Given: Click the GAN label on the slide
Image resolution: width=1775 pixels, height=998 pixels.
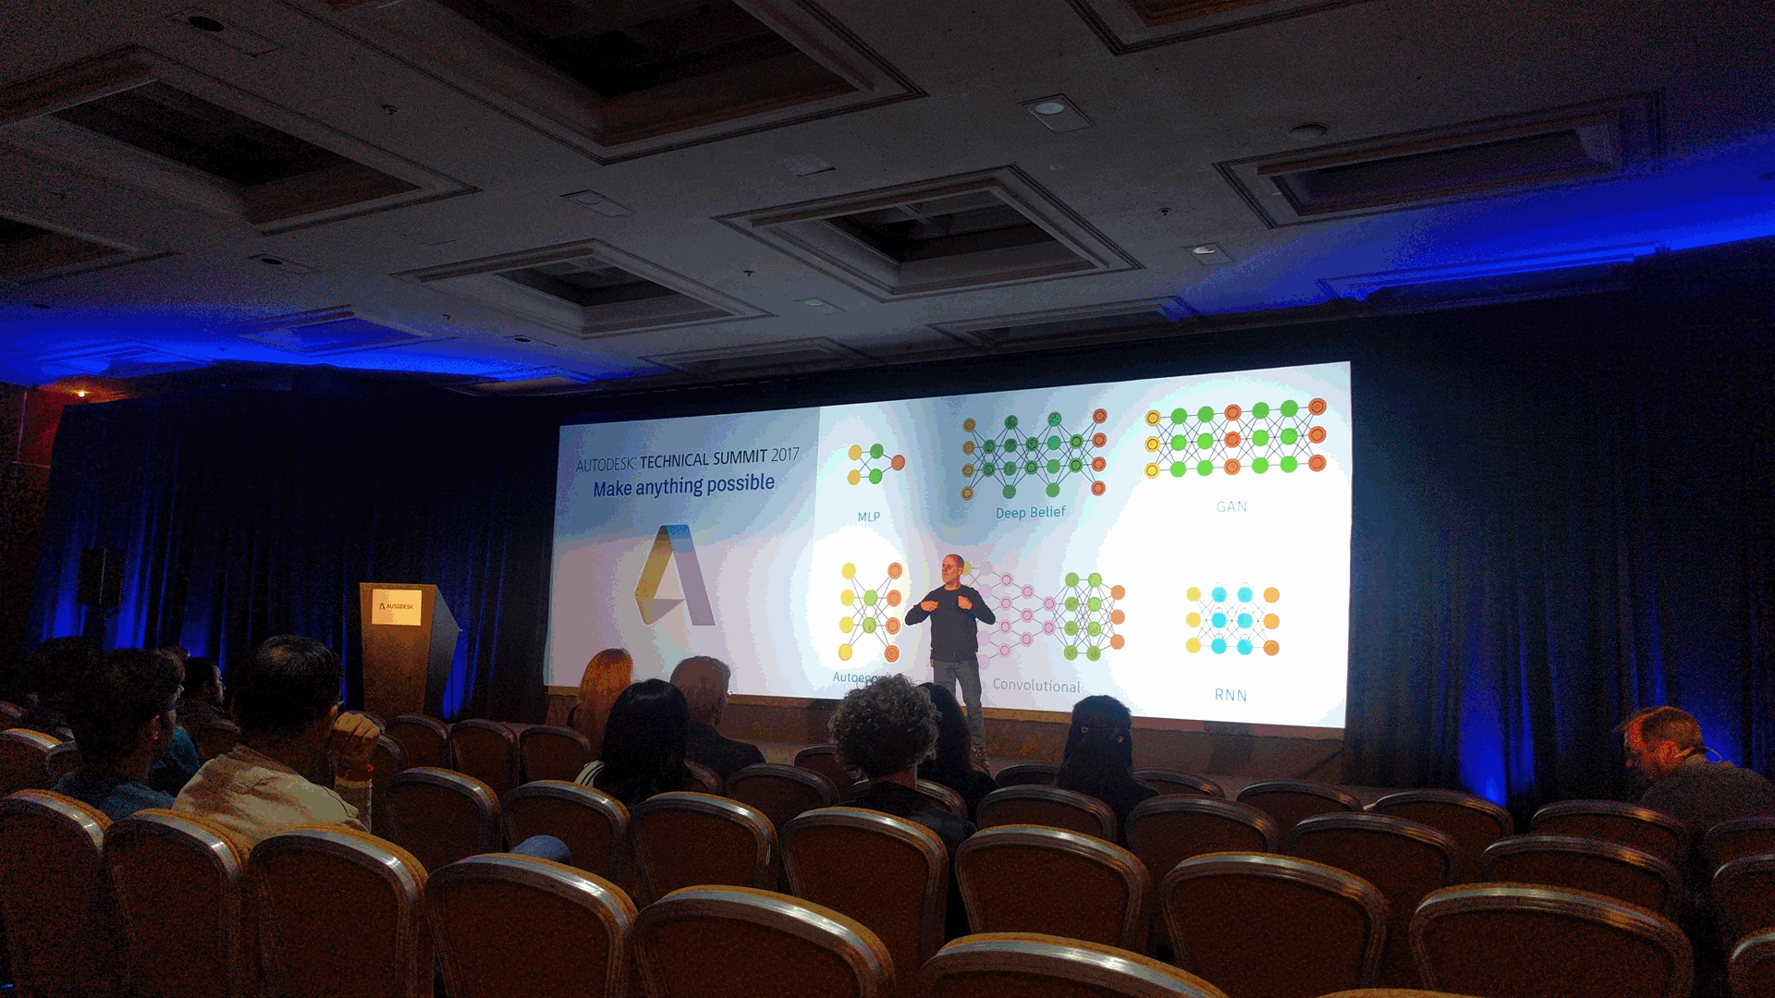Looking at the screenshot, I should coord(1231,506).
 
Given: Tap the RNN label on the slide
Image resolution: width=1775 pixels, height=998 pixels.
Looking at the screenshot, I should coord(1230,695).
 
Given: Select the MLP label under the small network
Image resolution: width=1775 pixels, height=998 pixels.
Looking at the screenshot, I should coord(868,517).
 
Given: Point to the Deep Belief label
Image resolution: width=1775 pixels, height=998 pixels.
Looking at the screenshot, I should coord(1030,513).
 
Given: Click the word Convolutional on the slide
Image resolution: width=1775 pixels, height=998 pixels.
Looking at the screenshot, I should coord(1036,686).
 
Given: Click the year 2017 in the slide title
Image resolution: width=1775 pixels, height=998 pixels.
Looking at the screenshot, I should coord(784,455).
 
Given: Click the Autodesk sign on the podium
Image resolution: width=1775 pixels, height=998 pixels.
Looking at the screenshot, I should coord(397,606).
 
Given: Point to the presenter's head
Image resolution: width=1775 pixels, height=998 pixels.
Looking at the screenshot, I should coord(953,566).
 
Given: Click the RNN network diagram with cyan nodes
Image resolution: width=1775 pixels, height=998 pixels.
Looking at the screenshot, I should coord(1232,620).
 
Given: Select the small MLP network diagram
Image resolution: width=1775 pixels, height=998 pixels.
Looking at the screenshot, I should coord(875,464).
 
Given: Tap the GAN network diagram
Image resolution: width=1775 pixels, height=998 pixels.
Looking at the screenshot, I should coord(1234,439).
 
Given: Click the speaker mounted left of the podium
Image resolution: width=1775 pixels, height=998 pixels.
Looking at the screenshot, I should coord(99,577).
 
